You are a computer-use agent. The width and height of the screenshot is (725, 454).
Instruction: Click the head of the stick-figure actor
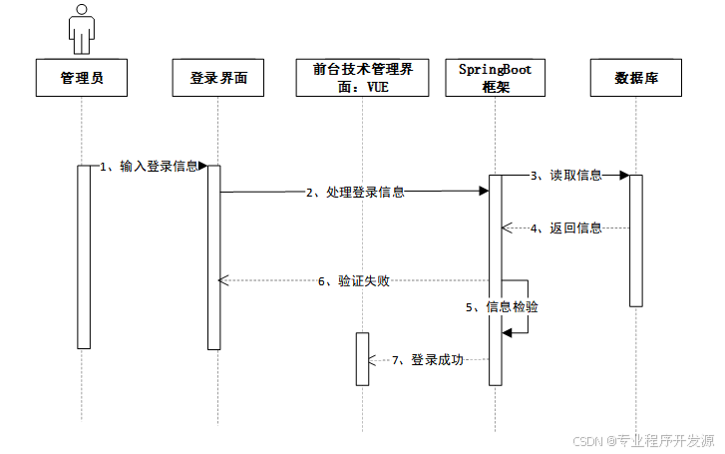[x=82, y=9]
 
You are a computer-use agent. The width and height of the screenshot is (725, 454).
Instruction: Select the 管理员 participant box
[x=82, y=78]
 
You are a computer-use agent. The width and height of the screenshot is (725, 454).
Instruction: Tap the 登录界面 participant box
[x=218, y=78]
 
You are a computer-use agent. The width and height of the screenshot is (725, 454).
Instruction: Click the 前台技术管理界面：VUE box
[x=363, y=78]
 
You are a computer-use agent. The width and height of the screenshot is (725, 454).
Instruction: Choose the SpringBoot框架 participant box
[x=496, y=78]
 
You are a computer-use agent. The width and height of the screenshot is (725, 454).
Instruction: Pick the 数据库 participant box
[x=636, y=78]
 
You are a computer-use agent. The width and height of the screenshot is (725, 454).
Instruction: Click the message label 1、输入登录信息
[x=149, y=167]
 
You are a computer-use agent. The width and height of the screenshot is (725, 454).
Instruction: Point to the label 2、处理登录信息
[x=356, y=192]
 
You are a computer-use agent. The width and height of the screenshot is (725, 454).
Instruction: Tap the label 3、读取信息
[x=566, y=176]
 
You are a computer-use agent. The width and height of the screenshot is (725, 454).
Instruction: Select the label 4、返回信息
[x=566, y=228]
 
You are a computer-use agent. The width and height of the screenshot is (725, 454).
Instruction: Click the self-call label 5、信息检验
[x=502, y=307]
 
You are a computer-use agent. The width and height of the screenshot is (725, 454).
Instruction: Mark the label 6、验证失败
[x=354, y=281]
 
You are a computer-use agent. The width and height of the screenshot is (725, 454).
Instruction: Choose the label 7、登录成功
[x=428, y=360]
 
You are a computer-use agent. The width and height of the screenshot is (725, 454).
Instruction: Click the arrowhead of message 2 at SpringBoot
[x=484, y=192]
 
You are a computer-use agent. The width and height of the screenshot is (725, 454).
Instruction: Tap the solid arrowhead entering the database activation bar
[x=624, y=176]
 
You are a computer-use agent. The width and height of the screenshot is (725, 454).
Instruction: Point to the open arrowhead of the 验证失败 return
[x=223, y=280]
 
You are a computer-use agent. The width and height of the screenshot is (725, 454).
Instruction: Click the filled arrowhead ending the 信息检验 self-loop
[x=507, y=332]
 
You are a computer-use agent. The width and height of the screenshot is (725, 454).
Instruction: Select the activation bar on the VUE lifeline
[x=363, y=359]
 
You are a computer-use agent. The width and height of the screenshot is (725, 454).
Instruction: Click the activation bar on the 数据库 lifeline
[x=636, y=240]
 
